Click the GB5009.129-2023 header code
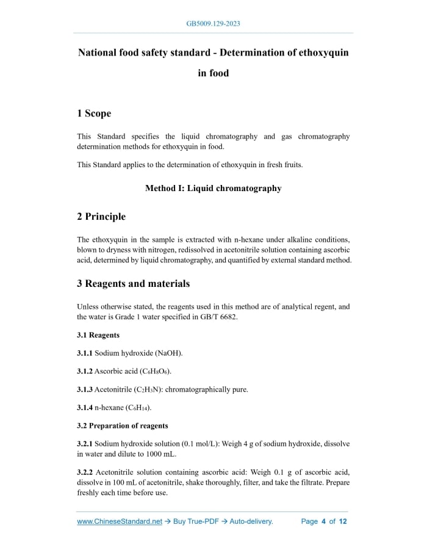tap(213, 24)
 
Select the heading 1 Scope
tap(94, 114)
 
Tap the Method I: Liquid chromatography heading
tap(213, 188)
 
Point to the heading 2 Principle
tap(101, 217)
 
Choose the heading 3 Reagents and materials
tap(133, 283)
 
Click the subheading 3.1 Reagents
tap(98, 335)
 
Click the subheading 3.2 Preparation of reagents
tap(123, 425)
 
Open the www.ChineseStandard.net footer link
tap(120, 522)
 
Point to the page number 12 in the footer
tap(343, 522)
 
